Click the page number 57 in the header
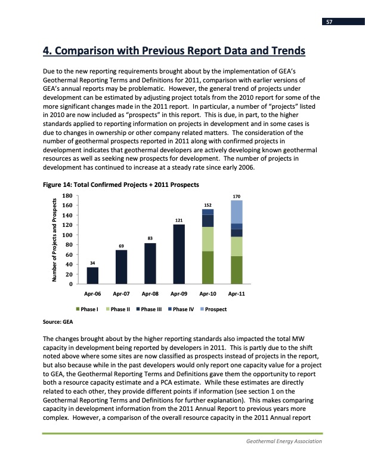[329, 22]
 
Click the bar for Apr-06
[93, 275]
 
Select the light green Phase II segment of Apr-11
[237, 246]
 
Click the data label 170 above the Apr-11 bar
[237, 195]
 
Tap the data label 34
[93, 262]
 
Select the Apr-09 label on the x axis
[179, 294]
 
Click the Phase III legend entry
[149, 309]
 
